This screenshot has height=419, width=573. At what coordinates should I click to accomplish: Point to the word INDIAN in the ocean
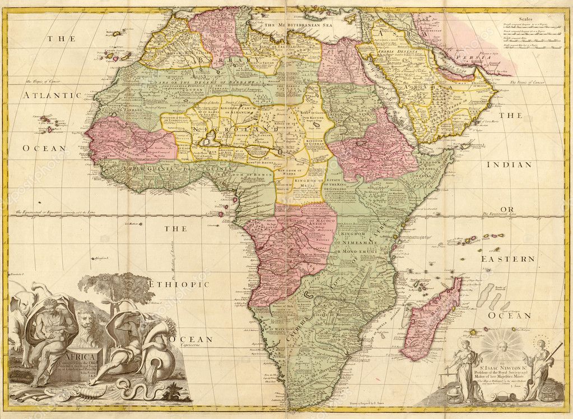click(x=508, y=165)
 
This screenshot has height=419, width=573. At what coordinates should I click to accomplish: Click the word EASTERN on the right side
click(x=507, y=259)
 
